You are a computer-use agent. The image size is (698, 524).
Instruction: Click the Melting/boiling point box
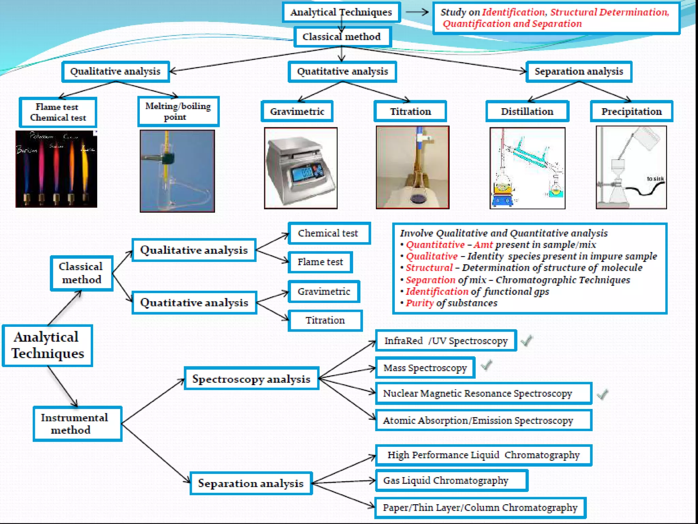[x=178, y=112]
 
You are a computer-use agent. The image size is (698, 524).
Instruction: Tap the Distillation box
[x=527, y=111]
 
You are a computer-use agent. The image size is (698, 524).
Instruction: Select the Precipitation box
[x=631, y=111]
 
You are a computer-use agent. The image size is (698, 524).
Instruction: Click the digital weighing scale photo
[x=301, y=168]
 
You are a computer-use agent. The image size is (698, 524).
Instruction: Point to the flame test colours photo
[x=56, y=169]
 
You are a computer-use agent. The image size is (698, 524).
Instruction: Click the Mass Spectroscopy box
[x=425, y=368]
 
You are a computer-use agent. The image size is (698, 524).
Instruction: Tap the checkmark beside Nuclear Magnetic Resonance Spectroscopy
[x=603, y=394]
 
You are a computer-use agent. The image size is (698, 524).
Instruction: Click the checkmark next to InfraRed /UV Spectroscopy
[x=527, y=340]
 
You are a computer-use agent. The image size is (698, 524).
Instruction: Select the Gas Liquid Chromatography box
[x=451, y=480]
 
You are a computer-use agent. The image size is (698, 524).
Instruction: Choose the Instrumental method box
[x=77, y=424]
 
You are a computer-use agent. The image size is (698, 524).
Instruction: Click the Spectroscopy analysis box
[x=251, y=379]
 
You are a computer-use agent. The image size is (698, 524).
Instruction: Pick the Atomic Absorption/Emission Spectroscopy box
[x=483, y=420]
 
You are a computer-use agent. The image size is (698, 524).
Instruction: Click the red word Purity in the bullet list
[x=420, y=303]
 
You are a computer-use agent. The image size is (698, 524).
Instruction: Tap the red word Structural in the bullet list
[x=429, y=268]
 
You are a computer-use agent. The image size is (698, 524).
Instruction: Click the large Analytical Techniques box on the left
[x=47, y=345]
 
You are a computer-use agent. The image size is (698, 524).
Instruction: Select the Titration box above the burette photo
[x=410, y=111]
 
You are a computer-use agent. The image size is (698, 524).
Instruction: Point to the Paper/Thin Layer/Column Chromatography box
[x=480, y=508]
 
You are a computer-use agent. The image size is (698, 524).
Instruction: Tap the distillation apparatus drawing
[x=527, y=168]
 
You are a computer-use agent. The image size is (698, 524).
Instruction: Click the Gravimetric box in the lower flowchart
[x=324, y=291]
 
